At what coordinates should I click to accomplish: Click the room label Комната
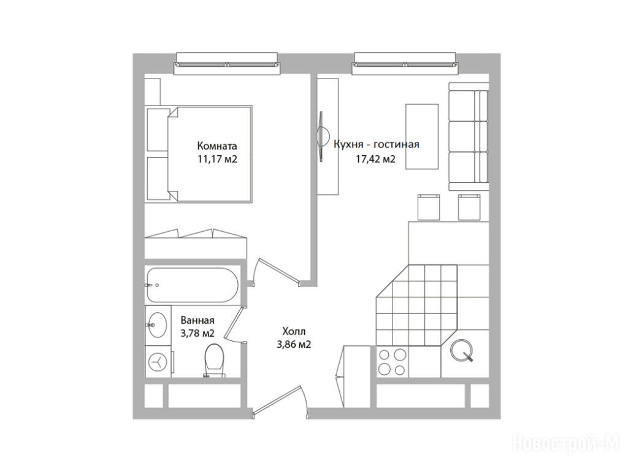217,146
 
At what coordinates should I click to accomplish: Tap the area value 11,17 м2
217,159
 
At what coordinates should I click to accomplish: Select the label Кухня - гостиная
377,144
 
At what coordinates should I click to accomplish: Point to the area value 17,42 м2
376,159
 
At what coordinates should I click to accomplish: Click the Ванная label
197,320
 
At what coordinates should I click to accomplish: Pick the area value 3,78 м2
197,333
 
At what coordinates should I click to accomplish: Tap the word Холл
294,331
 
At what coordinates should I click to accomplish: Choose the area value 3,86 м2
294,344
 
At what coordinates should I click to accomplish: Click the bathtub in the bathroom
192,285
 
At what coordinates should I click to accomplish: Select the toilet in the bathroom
214,361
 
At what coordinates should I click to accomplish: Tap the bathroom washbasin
157,325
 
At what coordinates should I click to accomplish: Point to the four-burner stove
392,362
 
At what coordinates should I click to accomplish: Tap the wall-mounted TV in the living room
321,137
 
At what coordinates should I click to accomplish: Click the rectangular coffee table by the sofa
422,137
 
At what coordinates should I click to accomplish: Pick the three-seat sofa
469,137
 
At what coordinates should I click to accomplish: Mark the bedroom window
226,64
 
